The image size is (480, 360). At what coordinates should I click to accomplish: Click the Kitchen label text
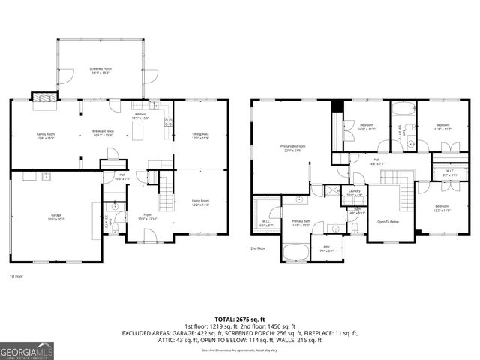pos(140,115)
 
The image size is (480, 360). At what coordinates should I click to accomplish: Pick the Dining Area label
pos(200,136)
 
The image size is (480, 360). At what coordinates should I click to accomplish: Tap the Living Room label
pos(200,202)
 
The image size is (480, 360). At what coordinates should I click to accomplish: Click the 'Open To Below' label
pos(388,222)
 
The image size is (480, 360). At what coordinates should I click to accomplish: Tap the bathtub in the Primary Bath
pos(297,251)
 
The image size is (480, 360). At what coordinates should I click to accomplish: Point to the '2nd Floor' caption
pos(259,247)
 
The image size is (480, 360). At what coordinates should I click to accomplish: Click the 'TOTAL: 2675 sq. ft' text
pos(239,319)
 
